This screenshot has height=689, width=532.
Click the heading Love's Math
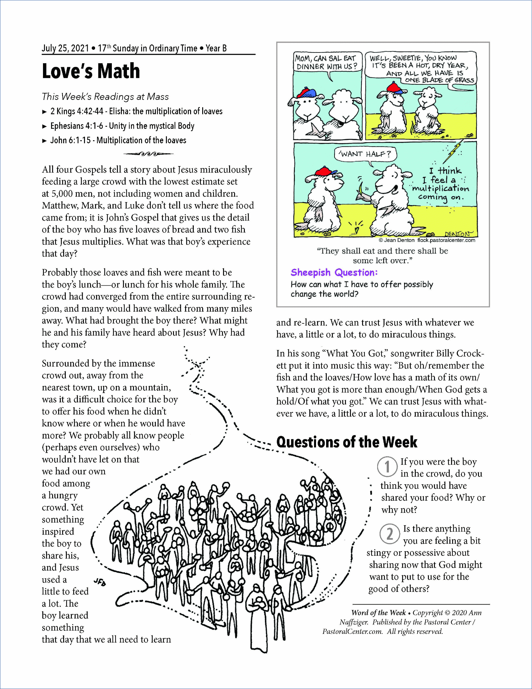(x=91, y=71)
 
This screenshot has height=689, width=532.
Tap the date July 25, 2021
(x=65, y=48)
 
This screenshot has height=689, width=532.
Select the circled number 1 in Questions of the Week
(x=387, y=467)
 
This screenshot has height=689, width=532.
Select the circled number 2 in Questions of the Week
(x=390, y=534)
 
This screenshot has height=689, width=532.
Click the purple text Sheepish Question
(x=334, y=272)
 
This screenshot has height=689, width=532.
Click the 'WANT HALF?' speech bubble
(x=365, y=154)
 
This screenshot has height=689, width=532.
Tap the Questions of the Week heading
(x=347, y=442)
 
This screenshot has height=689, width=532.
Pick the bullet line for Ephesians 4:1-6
(x=122, y=126)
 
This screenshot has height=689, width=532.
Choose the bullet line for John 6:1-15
(x=118, y=141)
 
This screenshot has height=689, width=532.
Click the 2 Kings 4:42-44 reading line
(x=136, y=112)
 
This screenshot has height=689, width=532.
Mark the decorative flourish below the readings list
(x=148, y=154)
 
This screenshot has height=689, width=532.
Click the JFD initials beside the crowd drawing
(x=100, y=582)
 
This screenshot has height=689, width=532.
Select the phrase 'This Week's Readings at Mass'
(x=105, y=97)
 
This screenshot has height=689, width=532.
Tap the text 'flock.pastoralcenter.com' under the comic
(x=446, y=240)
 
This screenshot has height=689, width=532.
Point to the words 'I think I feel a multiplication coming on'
(x=440, y=184)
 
